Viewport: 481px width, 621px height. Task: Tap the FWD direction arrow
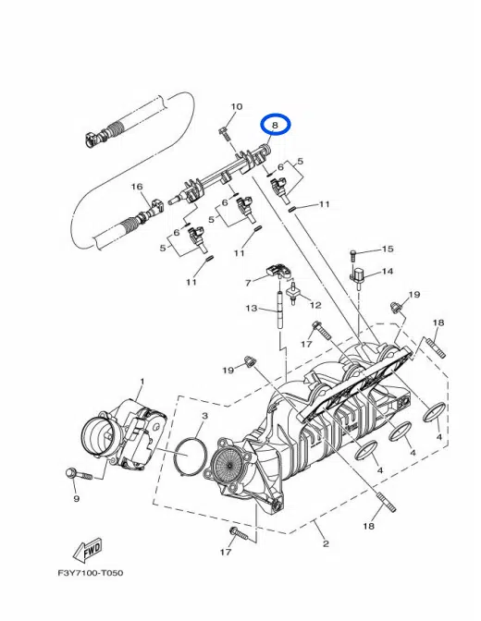[88, 552]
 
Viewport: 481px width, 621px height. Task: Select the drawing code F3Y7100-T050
[91, 573]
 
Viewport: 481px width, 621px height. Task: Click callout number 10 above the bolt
[236, 106]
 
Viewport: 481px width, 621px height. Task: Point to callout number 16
[137, 186]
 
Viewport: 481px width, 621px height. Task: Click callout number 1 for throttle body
[142, 381]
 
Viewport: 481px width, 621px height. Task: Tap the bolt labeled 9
[79, 473]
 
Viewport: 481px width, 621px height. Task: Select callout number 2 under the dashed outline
[326, 543]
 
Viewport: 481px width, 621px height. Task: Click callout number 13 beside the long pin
[252, 308]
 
